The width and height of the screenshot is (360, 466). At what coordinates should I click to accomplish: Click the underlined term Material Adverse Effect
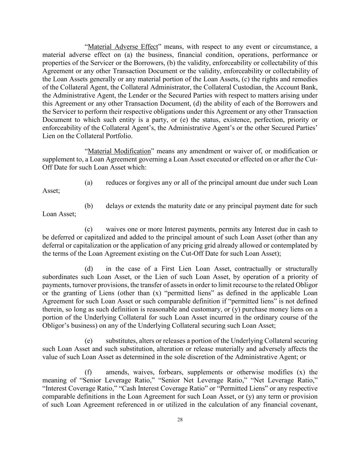[123, 47]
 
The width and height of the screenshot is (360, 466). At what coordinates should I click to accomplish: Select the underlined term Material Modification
[119, 151]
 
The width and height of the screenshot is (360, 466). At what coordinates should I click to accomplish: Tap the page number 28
[180, 420]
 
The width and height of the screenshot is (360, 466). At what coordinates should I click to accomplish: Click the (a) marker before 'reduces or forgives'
[88, 182]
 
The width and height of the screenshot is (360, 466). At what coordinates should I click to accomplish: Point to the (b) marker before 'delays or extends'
[88, 206]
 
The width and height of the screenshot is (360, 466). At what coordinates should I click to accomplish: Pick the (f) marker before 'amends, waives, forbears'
[88, 372]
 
